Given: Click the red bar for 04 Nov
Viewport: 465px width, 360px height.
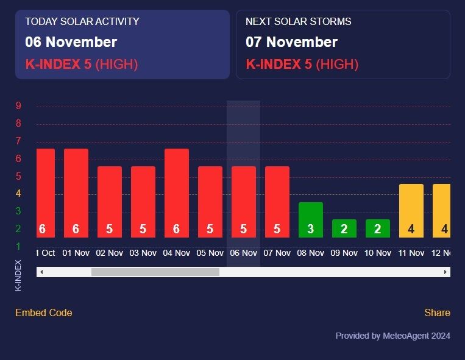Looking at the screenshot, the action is click(x=177, y=193).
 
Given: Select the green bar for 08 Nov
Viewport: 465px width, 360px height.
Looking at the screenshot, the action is click(x=310, y=220).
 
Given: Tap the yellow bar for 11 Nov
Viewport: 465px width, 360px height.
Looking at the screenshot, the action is click(x=411, y=211).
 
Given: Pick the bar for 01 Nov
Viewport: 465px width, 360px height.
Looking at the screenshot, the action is click(x=76, y=193).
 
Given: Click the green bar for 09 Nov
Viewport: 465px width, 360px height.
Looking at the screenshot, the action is click(x=344, y=228).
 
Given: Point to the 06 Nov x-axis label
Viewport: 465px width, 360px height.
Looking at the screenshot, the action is click(x=244, y=253).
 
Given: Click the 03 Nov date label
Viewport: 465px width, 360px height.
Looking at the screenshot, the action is click(x=143, y=253).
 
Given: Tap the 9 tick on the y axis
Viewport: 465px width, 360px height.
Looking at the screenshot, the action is click(x=18, y=105).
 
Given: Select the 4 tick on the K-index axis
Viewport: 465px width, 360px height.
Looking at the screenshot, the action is click(x=18, y=194).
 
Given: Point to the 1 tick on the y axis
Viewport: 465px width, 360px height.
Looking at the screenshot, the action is click(x=18, y=246).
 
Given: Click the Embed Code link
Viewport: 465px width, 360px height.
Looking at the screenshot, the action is click(x=44, y=313).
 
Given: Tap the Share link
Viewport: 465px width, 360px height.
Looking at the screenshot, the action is click(x=437, y=313).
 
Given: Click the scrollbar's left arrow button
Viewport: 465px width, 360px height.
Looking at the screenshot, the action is click(x=41, y=272).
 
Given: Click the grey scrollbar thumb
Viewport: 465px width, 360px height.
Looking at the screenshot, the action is click(x=155, y=272).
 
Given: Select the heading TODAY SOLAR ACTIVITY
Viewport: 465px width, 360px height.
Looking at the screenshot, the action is click(x=82, y=22).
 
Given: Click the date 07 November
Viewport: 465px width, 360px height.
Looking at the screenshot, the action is click(x=291, y=42).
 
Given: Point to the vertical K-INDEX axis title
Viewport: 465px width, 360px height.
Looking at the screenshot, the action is click(x=18, y=275).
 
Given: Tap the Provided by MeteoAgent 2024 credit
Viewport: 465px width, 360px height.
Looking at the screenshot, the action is click(x=392, y=336).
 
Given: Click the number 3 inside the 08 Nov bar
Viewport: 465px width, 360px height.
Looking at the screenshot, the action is click(x=310, y=229).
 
